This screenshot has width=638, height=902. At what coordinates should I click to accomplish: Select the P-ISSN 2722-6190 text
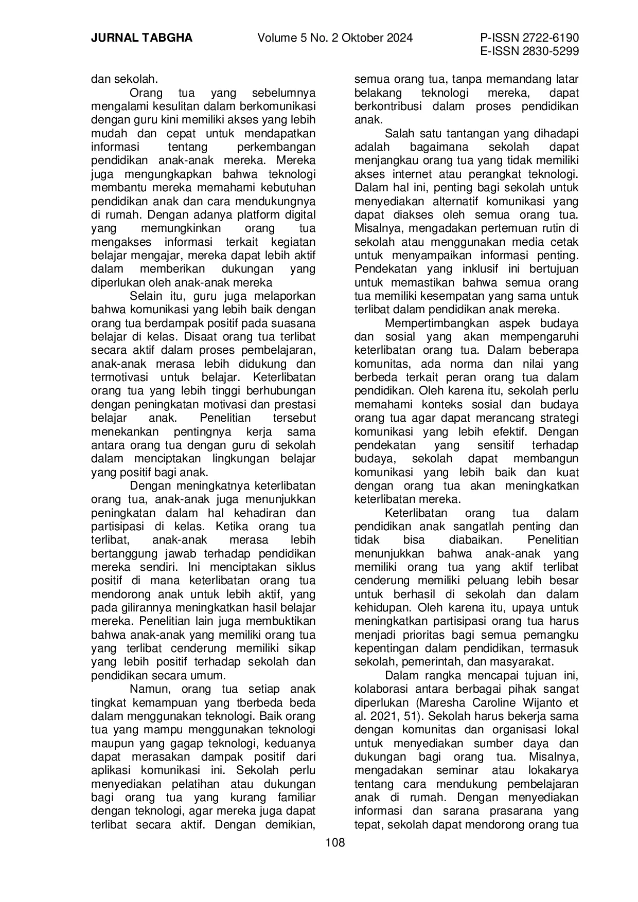pyautogui.click(x=529, y=38)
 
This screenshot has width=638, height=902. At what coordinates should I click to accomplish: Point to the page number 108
pyautogui.click(x=335, y=843)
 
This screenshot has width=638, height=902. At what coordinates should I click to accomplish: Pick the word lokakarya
pyautogui.click(x=553, y=771)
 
